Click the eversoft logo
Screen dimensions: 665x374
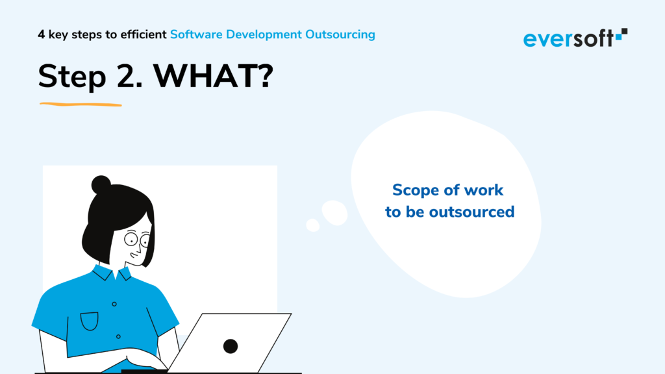[575, 38]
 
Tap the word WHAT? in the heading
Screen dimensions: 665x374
[213, 77]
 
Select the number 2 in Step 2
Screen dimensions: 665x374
[125, 77]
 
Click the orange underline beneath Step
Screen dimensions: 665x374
[81, 104]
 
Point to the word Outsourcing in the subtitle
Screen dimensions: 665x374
[340, 35]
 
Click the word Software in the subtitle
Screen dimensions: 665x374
[196, 34]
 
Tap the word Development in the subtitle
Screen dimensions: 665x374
[264, 35]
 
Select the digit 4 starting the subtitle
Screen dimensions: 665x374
[41, 34]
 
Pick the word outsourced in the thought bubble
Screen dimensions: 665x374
[471, 212]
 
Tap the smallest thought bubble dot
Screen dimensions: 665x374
[313, 225]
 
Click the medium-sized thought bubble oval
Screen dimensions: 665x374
[334, 213]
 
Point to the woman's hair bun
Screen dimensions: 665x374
[101, 185]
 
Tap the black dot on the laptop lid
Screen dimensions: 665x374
[231, 347]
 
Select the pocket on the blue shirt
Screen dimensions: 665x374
[90, 321]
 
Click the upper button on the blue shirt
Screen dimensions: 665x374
[114, 304]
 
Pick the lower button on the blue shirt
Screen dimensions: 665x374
[118, 336]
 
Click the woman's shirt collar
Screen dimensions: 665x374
[112, 273]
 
